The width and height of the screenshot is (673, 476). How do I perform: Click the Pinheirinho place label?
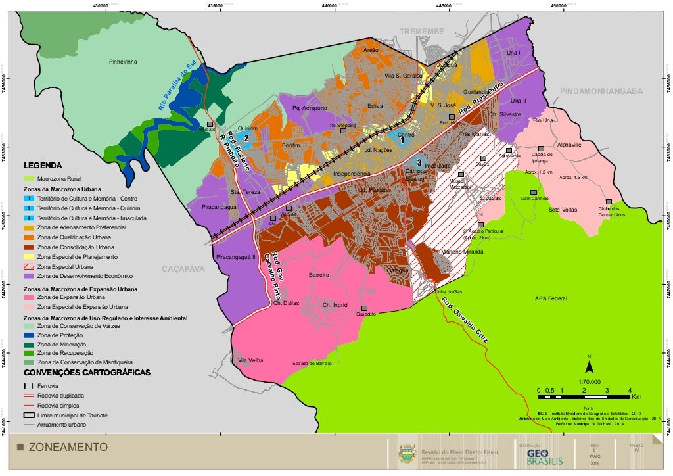click(x=123, y=62)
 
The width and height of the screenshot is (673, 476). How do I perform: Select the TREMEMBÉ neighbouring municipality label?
click(x=422, y=32)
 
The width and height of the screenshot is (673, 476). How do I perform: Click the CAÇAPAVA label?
click(x=183, y=269)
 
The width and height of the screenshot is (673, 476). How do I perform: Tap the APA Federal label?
click(x=551, y=298)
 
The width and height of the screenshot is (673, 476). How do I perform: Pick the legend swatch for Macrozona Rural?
click(x=29, y=178)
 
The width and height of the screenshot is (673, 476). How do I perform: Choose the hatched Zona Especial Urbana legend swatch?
click(x=29, y=266)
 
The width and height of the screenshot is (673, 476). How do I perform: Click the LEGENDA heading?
click(x=43, y=165)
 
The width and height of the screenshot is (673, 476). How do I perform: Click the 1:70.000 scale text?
click(x=590, y=381)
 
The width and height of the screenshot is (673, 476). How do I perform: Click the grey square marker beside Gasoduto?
click(x=363, y=308)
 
